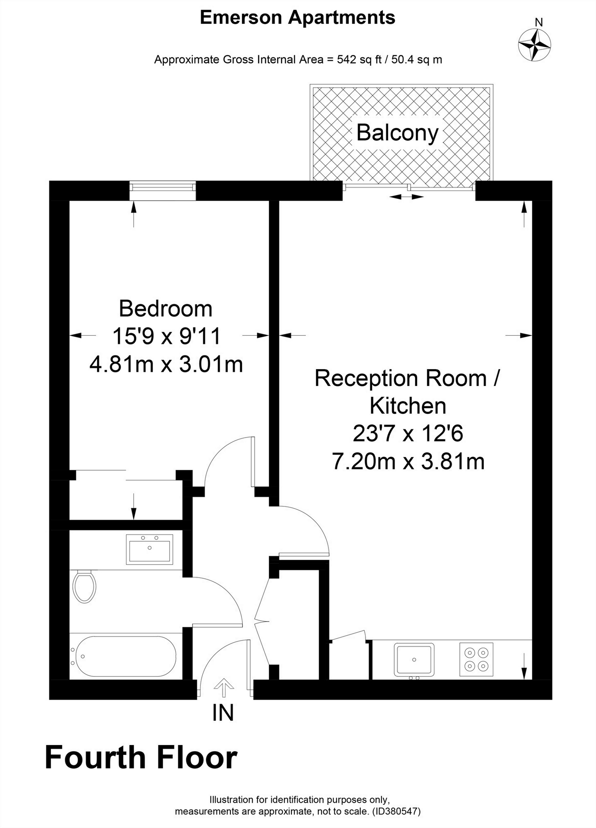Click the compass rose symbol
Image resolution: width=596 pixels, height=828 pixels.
pos(534,45)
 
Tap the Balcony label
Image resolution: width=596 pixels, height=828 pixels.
pos(397,132)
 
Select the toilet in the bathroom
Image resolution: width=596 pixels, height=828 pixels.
pos(84,587)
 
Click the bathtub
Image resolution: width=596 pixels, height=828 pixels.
pos(126,656)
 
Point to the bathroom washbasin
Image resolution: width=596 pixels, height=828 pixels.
pos(149,549)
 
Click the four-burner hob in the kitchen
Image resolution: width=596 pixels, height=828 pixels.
pos(476,659)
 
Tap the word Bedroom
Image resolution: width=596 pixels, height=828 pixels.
pos(166,308)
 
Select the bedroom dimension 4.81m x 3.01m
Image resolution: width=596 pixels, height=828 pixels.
pos(166,364)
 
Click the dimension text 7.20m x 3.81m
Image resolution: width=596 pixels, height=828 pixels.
pos(408,462)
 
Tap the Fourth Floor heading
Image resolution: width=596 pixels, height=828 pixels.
pos(141,757)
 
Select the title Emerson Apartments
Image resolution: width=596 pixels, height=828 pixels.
pos(298,18)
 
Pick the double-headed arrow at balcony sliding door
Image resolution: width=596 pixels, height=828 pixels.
pos(406,197)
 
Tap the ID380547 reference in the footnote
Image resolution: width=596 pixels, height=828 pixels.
pos(397,811)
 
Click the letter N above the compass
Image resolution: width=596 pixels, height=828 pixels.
pos(539,22)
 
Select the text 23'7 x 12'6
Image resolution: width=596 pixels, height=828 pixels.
pos(408,434)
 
